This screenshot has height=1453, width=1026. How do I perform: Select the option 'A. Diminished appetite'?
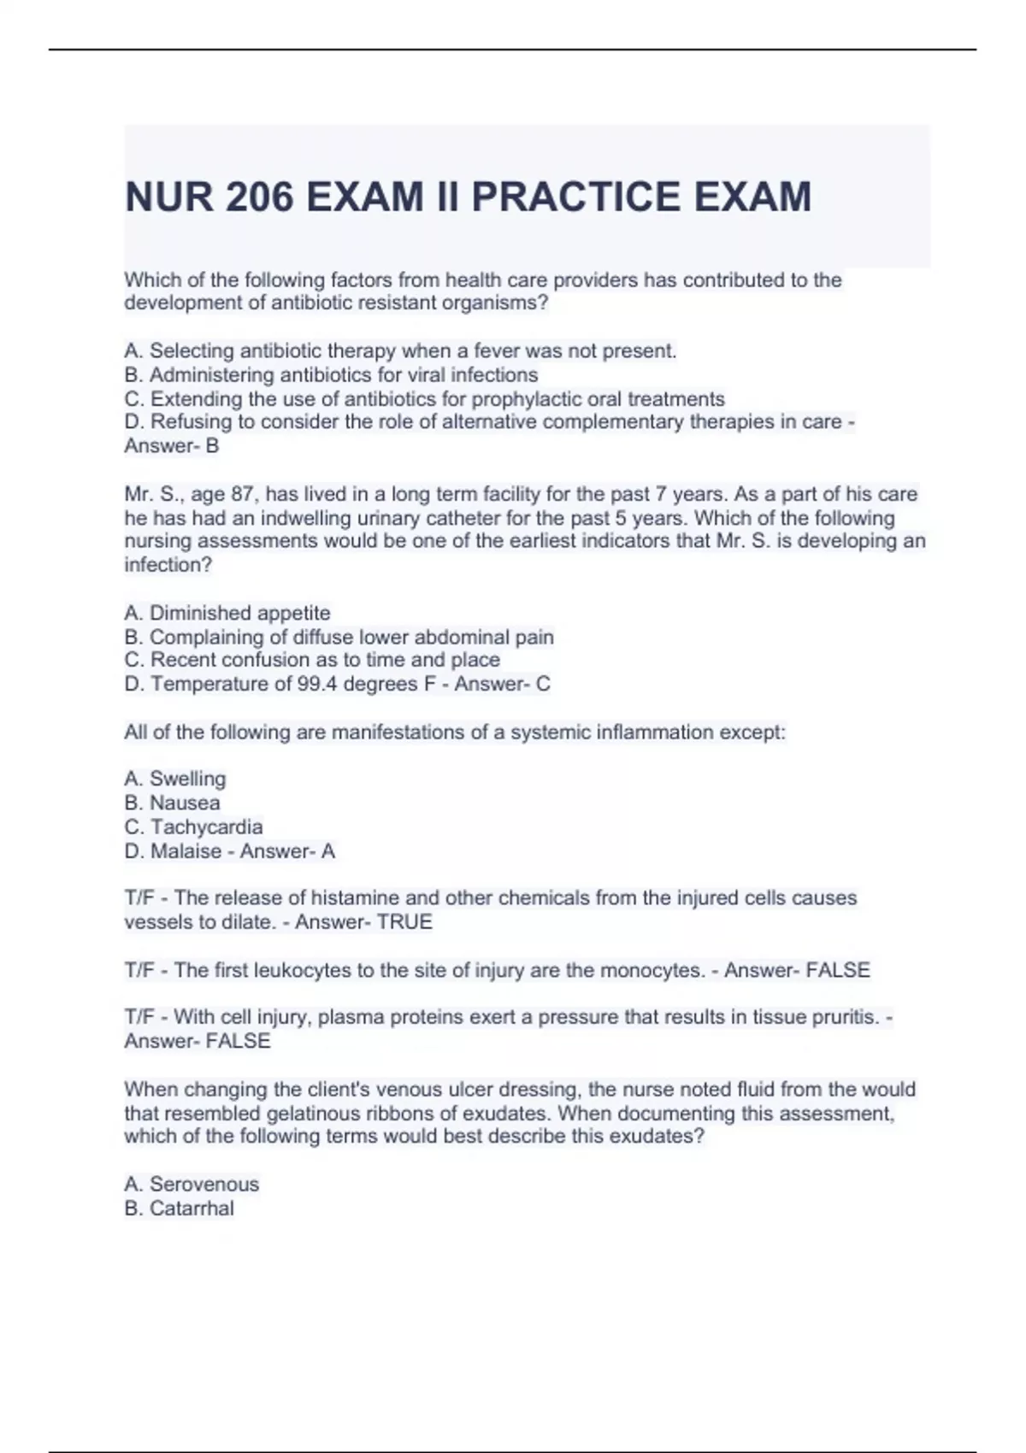pos(227,613)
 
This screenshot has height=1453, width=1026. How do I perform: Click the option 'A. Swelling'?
pos(175,779)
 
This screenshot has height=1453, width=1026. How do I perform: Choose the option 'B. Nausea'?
pos(172,803)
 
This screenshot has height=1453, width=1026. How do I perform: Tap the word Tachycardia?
pos(206,827)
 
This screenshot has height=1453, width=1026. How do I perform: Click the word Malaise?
pos(186,851)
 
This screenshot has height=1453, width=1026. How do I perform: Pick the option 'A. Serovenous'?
pos(192,1184)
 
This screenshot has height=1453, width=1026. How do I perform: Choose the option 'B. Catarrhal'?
pos(179,1208)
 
